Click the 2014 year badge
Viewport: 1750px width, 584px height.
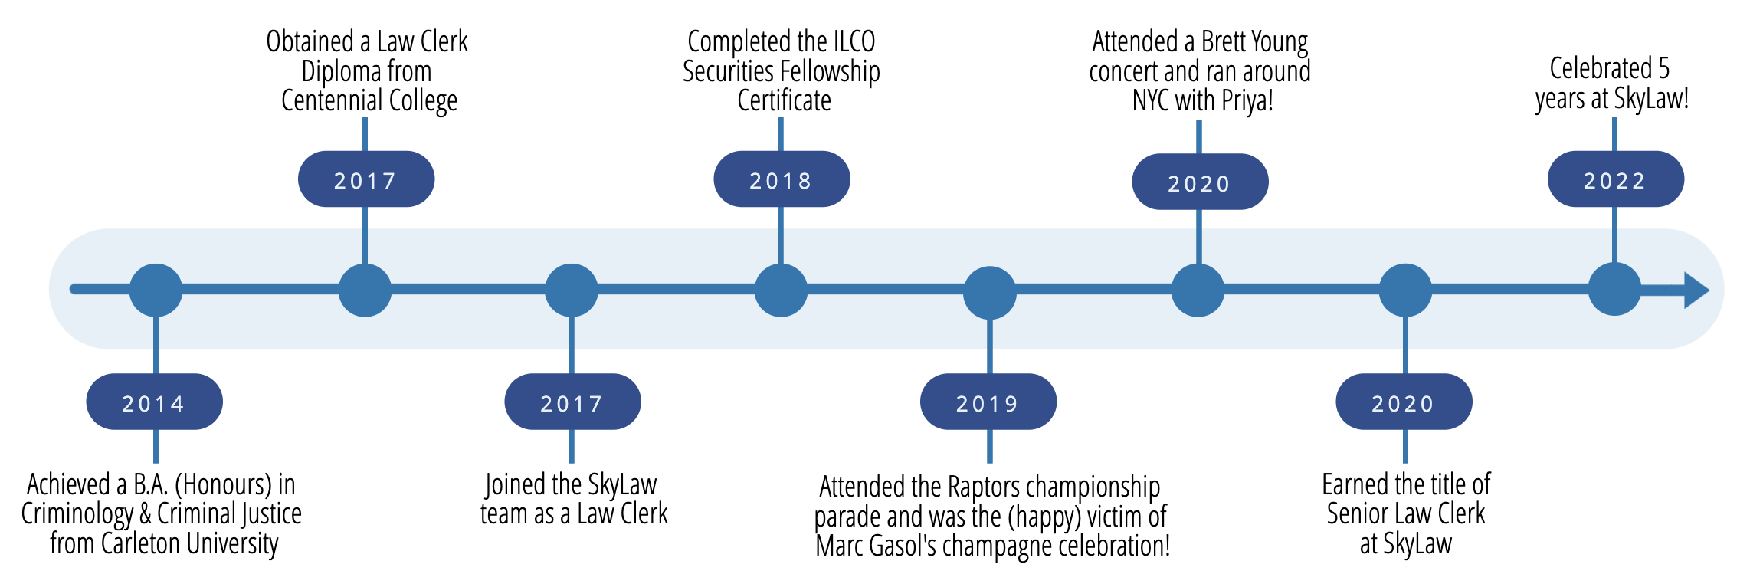[x=154, y=402]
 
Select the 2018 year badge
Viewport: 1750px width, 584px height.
[x=781, y=179]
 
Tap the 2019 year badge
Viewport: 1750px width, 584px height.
[x=988, y=402]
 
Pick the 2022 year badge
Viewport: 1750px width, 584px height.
[x=1615, y=179]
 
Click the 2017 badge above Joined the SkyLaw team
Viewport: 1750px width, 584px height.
[x=572, y=402]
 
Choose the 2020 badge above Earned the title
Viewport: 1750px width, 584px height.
[x=1404, y=402]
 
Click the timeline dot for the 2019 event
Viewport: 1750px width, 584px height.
[x=989, y=292]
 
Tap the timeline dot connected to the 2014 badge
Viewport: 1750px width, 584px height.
[x=156, y=290]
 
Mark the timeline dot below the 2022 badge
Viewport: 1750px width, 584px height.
[x=1614, y=290]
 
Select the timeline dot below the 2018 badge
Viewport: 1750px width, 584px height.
[x=781, y=290]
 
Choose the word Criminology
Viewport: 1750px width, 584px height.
[x=77, y=514]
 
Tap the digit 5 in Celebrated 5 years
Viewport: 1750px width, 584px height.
[x=1663, y=69]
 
